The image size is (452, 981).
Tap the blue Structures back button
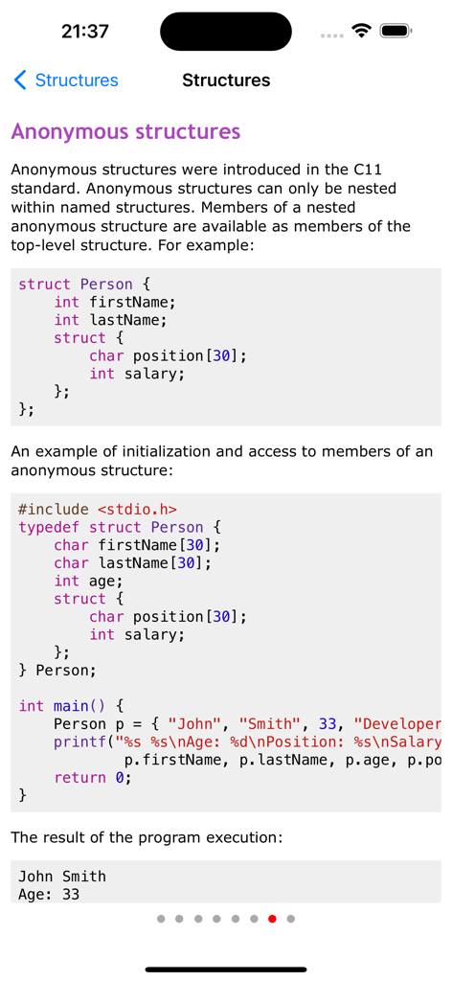66,80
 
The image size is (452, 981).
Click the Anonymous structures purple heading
125,132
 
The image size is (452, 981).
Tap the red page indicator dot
272,919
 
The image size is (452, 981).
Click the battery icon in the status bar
395,31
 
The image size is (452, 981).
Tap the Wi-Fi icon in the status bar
361,30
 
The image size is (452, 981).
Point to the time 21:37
85,32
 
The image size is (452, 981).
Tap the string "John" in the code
195,724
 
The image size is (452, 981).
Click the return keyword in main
80,778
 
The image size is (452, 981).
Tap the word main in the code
71,706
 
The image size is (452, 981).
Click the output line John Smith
62,876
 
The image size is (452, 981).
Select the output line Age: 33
49,894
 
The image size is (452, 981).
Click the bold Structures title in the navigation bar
226,80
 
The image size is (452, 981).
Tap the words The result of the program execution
147,836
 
